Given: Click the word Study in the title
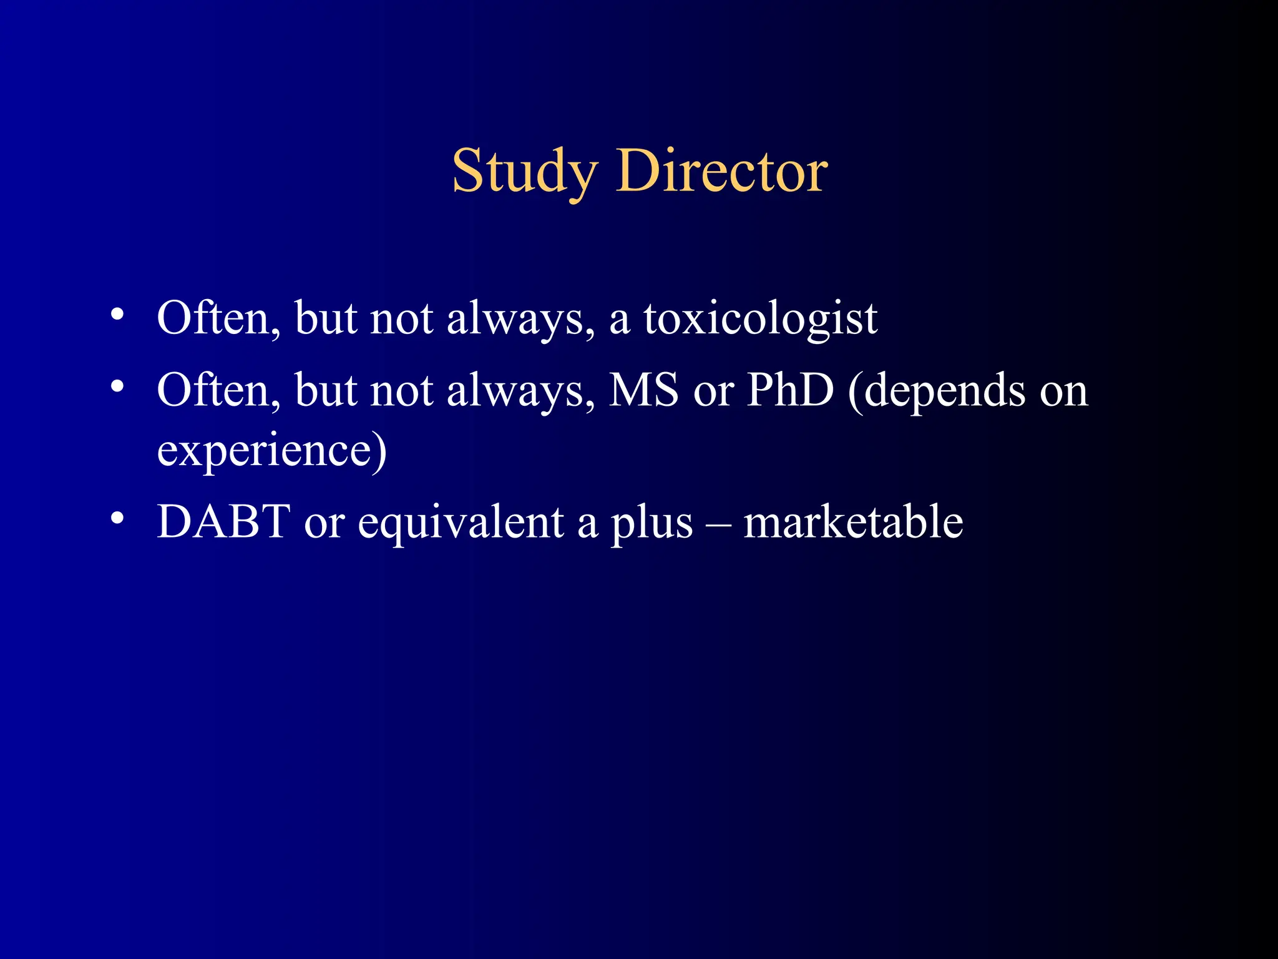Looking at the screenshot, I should point(524,172).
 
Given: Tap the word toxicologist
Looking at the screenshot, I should point(760,319).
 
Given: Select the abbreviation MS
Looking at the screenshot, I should point(643,390).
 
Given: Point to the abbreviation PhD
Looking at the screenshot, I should point(790,390).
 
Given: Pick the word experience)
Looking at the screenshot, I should point(272,451).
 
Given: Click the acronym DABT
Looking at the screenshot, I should point(223,521).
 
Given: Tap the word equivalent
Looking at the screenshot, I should point(461,523).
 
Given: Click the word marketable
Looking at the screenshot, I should point(853,521).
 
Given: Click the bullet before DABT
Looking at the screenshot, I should point(117,518).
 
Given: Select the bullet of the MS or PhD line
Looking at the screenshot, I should point(117,386).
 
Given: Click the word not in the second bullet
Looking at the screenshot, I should point(401,391).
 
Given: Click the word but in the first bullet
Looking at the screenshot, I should point(326,319).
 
